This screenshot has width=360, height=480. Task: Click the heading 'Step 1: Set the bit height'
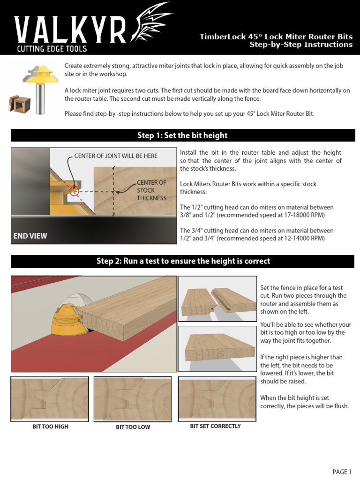(182, 135)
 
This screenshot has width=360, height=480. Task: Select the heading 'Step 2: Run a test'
(183, 261)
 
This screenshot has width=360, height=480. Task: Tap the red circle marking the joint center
(74, 191)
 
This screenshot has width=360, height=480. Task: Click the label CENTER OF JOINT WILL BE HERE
(116, 156)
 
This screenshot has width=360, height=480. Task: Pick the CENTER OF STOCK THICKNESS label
(151, 190)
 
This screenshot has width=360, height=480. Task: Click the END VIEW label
(30, 236)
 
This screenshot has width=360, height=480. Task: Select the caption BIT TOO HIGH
(50, 427)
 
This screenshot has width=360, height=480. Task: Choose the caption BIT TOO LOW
(133, 427)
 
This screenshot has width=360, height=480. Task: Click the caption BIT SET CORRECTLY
(215, 426)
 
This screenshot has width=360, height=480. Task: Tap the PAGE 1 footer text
(342, 472)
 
